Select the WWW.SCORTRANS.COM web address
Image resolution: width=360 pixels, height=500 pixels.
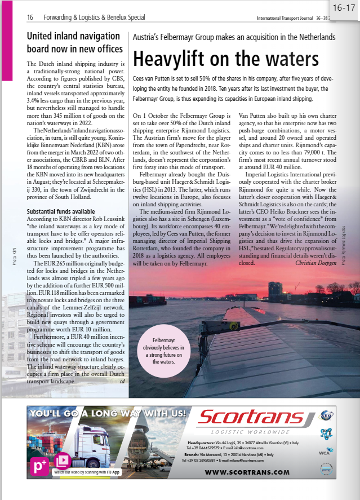click(247, 472)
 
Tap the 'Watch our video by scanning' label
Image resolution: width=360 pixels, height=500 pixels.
click(87, 472)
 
